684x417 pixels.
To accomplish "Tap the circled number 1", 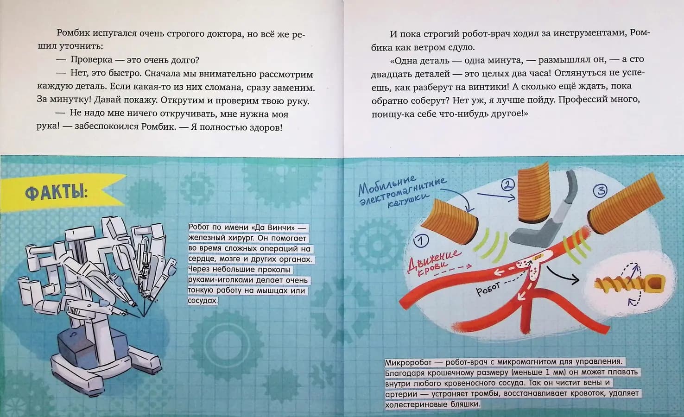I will pos(420,240).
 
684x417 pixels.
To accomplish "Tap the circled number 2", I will pos(508,185).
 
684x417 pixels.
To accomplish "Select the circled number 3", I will pos(601,191).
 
